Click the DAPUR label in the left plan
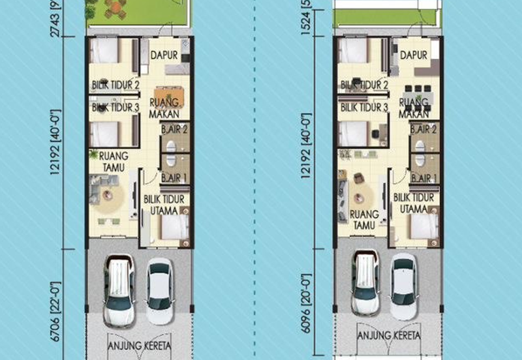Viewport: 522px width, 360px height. pos(164,55)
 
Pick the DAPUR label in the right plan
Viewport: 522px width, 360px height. pos(414,55)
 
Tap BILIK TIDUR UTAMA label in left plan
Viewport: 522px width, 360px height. pos(164,204)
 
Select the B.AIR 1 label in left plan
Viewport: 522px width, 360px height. pos(174,177)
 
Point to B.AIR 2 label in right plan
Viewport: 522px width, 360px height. pos(423,129)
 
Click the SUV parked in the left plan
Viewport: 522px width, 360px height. pos(119,284)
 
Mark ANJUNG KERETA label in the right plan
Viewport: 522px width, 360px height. pos(388,336)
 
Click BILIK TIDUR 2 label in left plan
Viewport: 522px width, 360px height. pos(115,85)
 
